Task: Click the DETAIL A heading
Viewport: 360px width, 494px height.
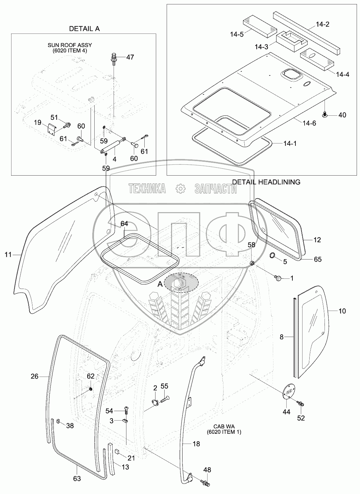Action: click(x=84, y=29)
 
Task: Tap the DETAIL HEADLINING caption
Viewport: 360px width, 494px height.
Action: click(x=266, y=182)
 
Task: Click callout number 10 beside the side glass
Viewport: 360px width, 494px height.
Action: click(x=342, y=311)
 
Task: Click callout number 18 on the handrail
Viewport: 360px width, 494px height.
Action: click(x=196, y=444)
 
